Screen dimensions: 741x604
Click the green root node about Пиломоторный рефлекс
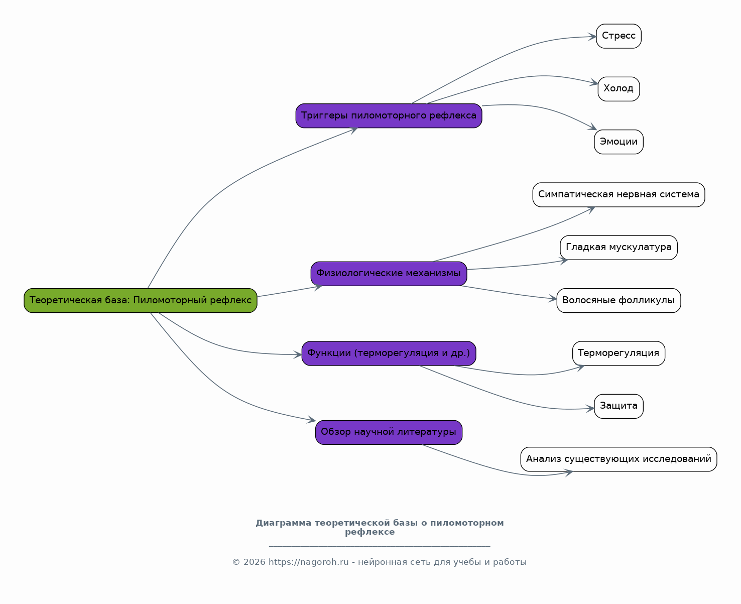140,300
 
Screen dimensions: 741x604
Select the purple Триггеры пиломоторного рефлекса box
389,115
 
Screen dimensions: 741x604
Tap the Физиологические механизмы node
389,274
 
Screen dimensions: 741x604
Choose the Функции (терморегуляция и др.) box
389,353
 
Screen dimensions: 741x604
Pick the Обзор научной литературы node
389,432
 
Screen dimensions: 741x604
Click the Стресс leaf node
619,36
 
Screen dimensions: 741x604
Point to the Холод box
619,89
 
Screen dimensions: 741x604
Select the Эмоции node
619,142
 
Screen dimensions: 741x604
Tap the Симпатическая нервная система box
619,194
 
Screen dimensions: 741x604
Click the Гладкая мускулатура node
619,248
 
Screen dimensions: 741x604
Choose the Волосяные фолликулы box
619,300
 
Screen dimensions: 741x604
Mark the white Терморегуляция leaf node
619,353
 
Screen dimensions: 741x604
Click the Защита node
619,406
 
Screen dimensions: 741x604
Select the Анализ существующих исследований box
619,459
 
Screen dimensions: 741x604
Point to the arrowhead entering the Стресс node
592,37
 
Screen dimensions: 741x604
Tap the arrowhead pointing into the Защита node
590,409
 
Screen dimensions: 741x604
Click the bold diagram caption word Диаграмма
284,523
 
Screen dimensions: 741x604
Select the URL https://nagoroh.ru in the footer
308,562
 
